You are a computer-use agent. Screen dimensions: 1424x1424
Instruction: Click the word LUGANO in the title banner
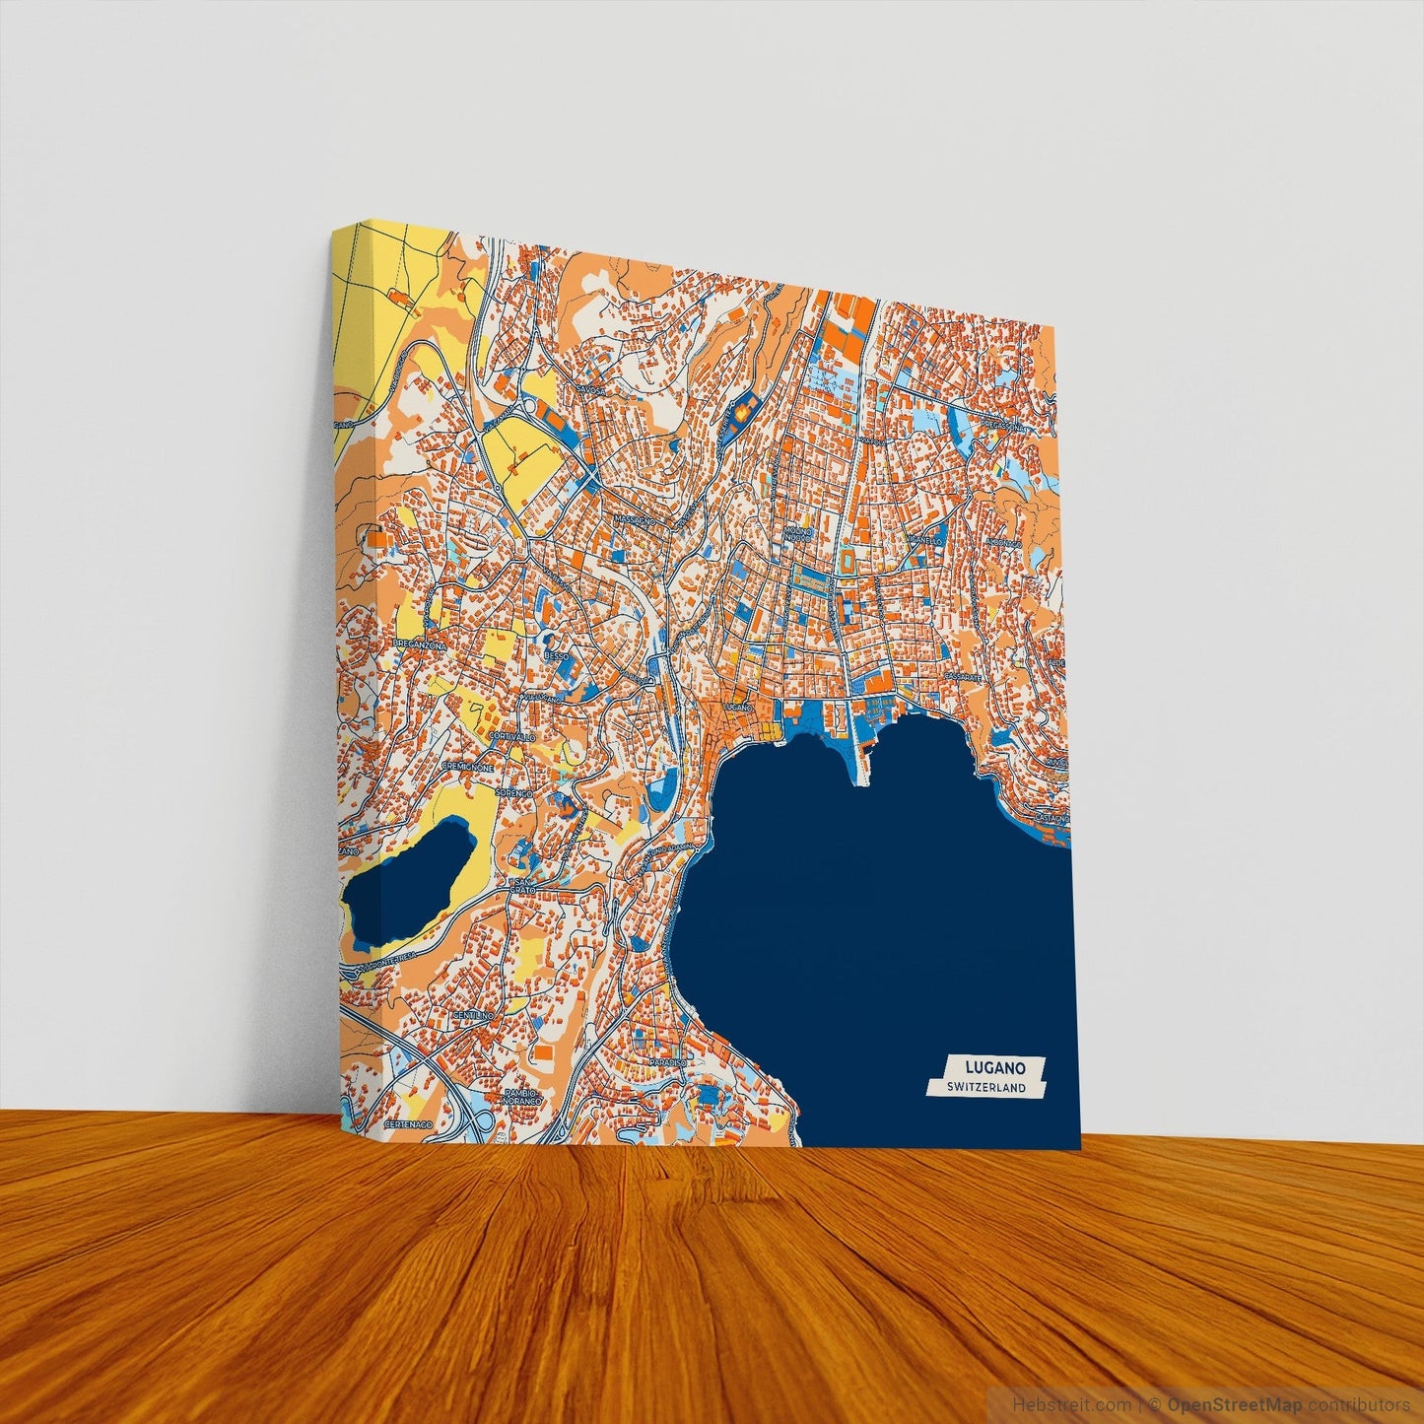coord(995,1067)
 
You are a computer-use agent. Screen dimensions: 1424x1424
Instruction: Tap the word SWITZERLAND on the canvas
coord(984,1088)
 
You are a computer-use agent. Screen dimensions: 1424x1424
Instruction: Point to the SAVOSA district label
coord(589,391)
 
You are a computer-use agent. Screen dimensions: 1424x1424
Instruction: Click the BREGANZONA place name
coord(420,644)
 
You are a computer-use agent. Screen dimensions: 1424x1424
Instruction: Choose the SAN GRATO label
coord(521,885)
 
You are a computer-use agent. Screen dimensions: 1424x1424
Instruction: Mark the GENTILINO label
coord(471,1015)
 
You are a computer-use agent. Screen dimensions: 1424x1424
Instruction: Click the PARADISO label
coord(668,1062)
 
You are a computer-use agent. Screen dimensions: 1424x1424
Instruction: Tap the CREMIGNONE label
coord(474,765)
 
